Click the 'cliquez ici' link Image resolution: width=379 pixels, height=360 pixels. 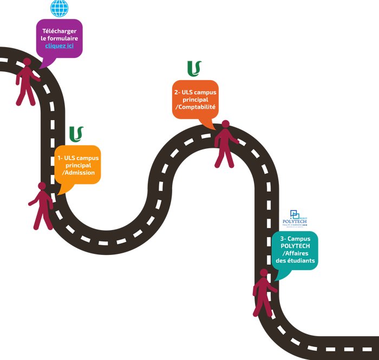60,47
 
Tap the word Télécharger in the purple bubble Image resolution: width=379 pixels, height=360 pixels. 60,31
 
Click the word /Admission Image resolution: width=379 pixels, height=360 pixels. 79,173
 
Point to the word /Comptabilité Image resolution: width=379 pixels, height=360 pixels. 195,107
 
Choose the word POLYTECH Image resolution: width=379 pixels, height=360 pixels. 295,246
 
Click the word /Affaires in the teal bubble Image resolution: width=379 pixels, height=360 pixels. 296,253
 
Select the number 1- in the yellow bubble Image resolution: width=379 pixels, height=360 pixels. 61,158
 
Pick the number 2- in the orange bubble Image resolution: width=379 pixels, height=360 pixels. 177,92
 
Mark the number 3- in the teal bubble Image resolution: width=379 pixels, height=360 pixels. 283,239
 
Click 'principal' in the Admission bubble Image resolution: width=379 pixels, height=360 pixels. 79,165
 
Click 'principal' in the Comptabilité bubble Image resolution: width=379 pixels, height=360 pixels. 195,100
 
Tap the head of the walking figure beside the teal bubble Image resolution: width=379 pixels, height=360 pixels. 264,273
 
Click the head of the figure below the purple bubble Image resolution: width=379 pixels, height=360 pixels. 27,63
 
